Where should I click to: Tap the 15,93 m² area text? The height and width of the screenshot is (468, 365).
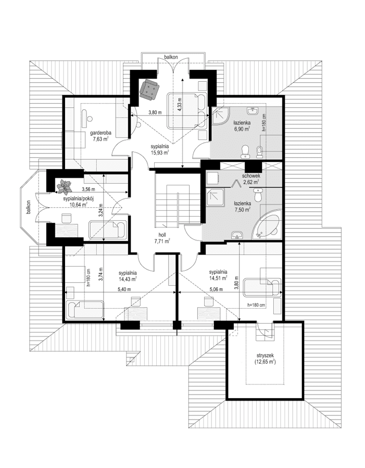[160, 153]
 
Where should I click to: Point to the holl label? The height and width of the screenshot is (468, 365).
[162, 235]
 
